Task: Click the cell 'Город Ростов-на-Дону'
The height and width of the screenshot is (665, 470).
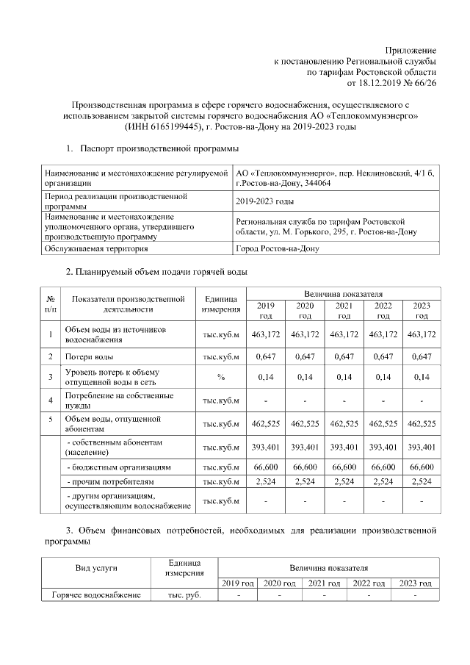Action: (277, 248)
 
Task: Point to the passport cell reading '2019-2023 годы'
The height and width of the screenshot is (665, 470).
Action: (265, 201)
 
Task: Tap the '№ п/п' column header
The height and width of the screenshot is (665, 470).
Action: (51, 304)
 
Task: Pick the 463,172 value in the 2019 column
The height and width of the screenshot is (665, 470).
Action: (265, 335)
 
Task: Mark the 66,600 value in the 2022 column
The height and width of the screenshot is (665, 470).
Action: (382, 467)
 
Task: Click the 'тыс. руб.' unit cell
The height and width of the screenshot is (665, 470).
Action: (180, 594)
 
